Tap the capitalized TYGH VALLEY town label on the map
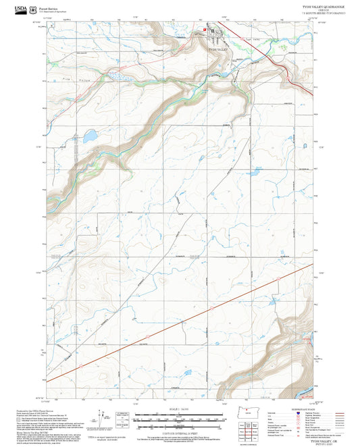tap(220, 50)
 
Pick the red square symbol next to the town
tap(205, 30)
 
